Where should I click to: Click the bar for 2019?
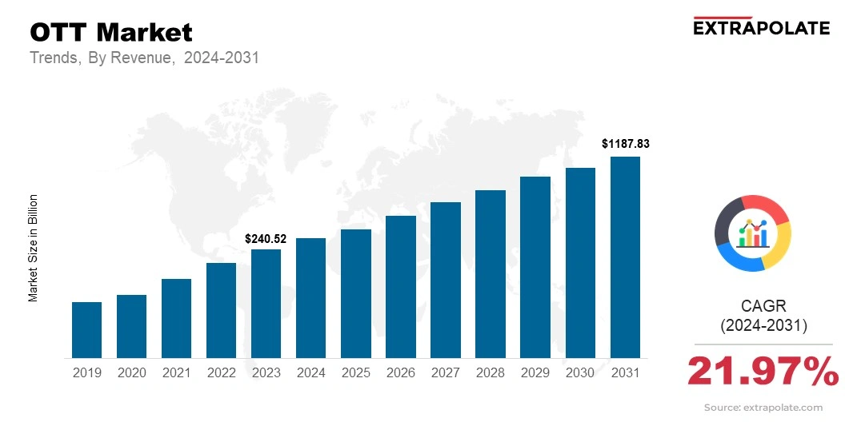pyautogui.click(x=86, y=330)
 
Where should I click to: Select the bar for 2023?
pyautogui.click(x=266, y=304)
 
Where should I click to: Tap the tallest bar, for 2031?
pyautogui.click(x=625, y=257)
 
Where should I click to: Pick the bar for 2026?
pyautogui.click(x=400, y=287)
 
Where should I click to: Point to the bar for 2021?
pyautogui.click(x=176, y=318)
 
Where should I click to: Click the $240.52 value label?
pyautogui.click(x=266, y=238)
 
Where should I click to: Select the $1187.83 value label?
pyautogui.click(x=625, y=145)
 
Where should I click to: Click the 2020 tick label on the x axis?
pyautogui.click(x=131, y=372)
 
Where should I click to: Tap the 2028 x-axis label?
pyautogui.click(x=490, y=372)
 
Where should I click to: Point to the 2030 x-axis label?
pyautogui.click(x=580, y=372)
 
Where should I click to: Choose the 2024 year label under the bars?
pyautogui.click(x=310, y=372)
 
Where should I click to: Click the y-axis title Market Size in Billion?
pyautogui.click(x=34, y=248)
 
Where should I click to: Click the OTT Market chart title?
pyautogui.click(x=111, y=33)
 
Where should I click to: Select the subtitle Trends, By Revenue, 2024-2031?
pyautogui.click(x=144, y=58)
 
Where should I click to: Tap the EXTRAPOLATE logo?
pyautogui.click(x=760, y=27)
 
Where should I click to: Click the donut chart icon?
pyautogui.click(x=752, y=233)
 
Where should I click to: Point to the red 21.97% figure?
pyautogui.click(x=762, y=371)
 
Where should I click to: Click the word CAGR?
pyautogui.click(x=764, y=306)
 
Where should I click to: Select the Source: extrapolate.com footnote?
pyautogui.click(x=763, y=408)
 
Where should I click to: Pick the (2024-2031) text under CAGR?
pyautogui.click(x=764, y=326)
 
